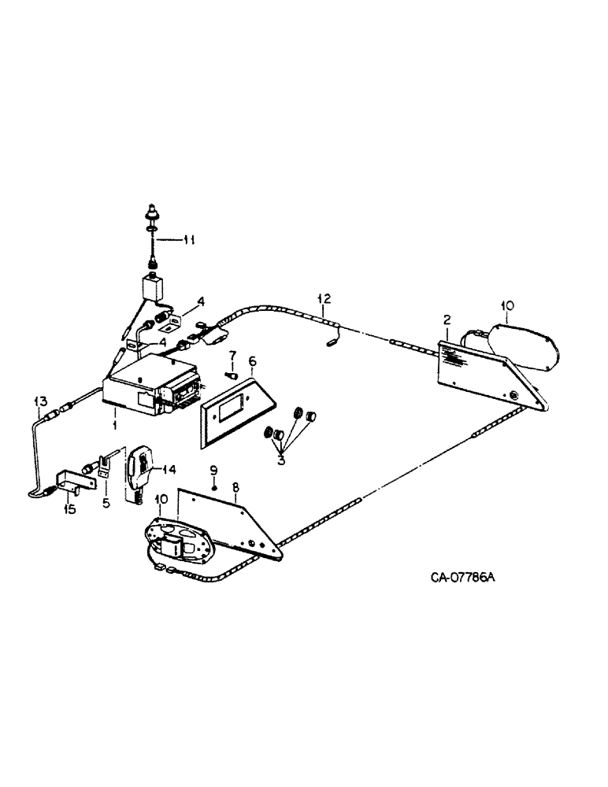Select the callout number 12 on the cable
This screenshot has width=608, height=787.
tap(323, 298)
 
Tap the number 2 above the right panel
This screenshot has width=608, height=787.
tap(446, 319)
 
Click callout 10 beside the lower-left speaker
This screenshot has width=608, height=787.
tap(161, 499)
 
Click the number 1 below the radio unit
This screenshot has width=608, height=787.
tap(114, 425)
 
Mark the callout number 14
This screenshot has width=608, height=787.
tap(169, 470)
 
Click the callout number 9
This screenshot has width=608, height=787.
tap(213, 470)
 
